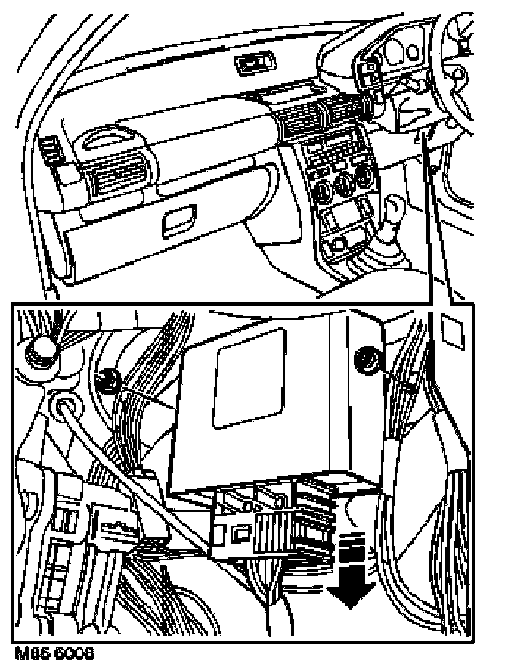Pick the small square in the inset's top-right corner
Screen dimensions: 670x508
point(452,326)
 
